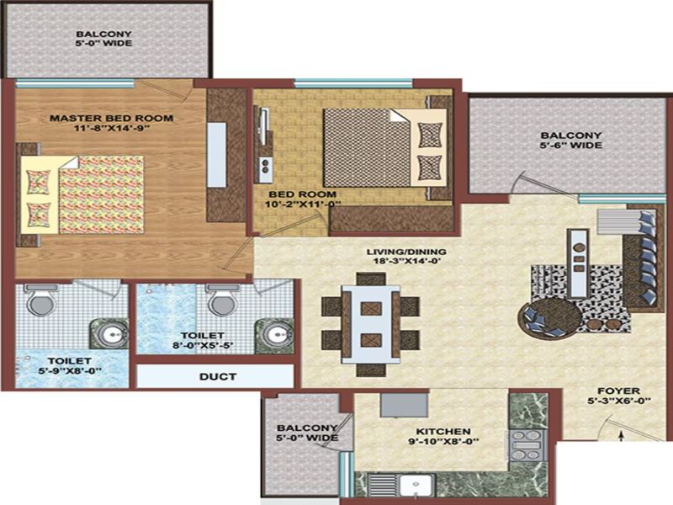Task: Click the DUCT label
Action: (x=218, y=376)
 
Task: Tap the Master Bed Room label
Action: (x=112, y=118)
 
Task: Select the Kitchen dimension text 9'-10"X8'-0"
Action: (x=442, y=441)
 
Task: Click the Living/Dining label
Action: (x=406, y=252)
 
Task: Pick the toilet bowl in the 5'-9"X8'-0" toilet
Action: (x=40, y=300)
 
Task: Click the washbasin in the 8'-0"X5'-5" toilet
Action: (x=274, y=335)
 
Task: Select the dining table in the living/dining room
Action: (x=371, y=324)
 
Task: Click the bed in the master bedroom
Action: (x=82, y=194)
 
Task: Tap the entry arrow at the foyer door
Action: (x=620, y=435)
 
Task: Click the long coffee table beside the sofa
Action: (x=578, y=263)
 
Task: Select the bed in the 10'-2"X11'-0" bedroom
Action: (x=384, y=148)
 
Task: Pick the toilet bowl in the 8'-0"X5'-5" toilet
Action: (x=222, y=300)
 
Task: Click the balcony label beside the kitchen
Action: (x=307, y=433)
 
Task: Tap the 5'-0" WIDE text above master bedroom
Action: (x=103, y=43)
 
